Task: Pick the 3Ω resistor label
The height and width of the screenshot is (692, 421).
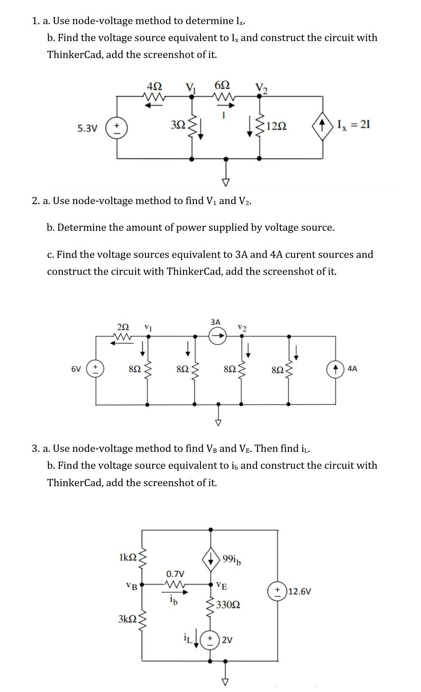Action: (x=178, y=125)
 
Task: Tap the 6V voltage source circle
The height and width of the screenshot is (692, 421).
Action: (x=95, y=368)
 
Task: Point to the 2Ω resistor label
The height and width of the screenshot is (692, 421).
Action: (x=123, y=327)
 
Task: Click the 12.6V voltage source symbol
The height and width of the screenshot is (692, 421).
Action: (x=277, y=591)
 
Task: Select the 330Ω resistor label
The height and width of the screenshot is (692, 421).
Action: (x=228, y=604)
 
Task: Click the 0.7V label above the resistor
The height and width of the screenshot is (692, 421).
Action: (x=175, y=574)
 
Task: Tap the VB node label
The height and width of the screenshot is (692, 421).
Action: (x=132, y=587)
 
